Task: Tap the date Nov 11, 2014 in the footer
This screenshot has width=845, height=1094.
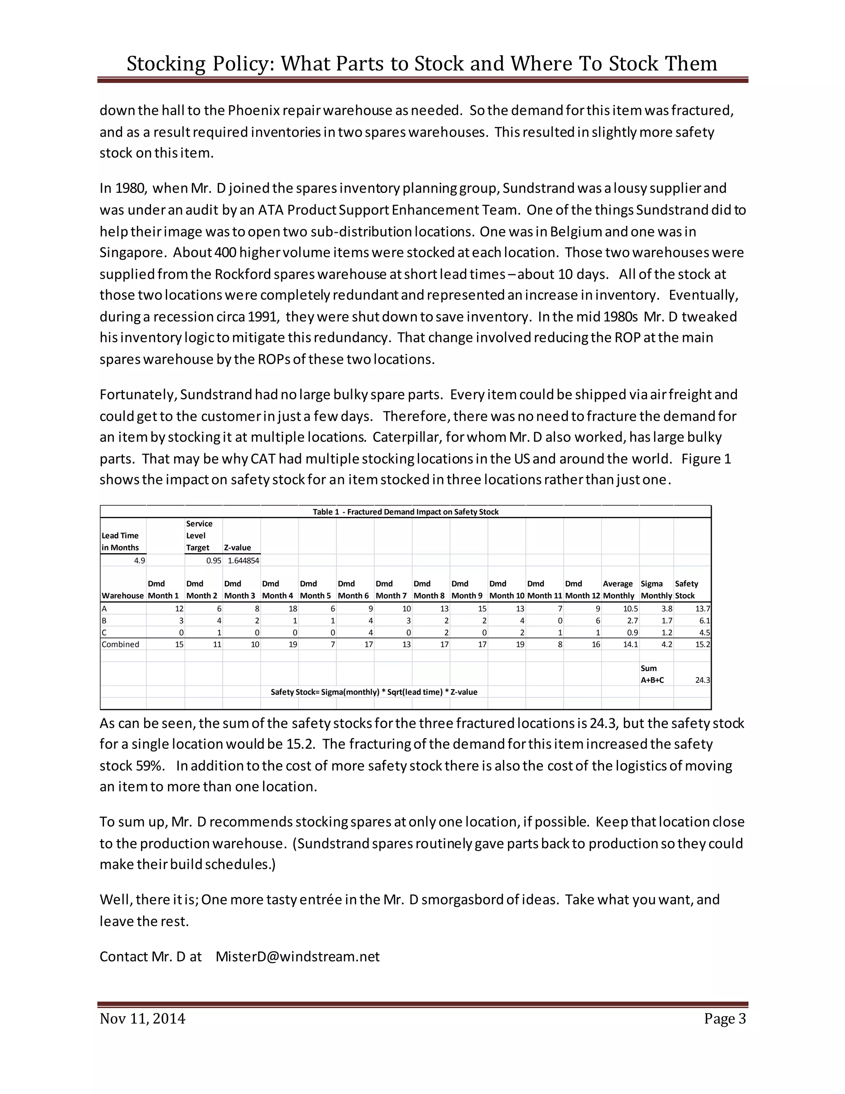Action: tap(142, 1018)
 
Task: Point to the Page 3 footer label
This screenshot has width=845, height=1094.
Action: tap(725, 1018)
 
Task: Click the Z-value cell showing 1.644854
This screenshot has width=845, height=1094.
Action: tap(243, 561)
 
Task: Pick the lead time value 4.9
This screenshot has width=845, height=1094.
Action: tap(139, 561)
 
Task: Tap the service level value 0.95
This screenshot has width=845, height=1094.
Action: tap(214, 561)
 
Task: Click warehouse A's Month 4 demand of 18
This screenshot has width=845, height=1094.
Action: tap(293, 609)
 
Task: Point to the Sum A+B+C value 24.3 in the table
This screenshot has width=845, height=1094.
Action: tap(702, 680)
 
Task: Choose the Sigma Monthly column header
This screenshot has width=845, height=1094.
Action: tap(656, 590)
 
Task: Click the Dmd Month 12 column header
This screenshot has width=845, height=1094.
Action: tap(582, 590)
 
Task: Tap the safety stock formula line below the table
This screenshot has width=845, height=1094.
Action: tap(373, 692)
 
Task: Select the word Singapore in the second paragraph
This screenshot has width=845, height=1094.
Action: tap(131, 253)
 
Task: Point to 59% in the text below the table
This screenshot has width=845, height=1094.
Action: tap(150, 765)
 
